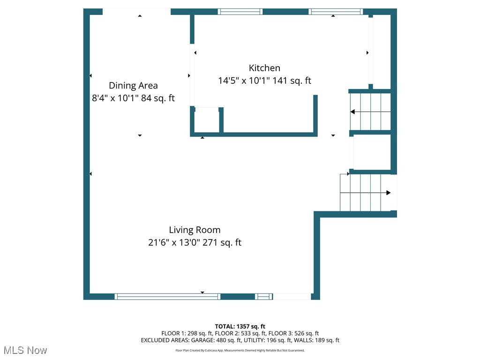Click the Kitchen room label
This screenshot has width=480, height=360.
[264, 68]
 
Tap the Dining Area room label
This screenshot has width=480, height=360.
[133, 85]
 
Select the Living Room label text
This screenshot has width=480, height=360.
[195, 230]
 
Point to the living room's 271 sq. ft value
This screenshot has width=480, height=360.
[222, 243]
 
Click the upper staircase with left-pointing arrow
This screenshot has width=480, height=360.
[370, 112]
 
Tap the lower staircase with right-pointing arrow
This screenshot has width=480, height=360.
[366, 193]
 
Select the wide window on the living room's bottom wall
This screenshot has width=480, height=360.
[167, 296]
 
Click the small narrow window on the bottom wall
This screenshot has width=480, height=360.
[264, 296]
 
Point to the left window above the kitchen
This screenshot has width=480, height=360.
[240, 12]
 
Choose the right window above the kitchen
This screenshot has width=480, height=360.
[336, 12]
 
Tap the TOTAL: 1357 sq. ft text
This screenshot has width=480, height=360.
[240, 326]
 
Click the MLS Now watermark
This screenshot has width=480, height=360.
[25, 350]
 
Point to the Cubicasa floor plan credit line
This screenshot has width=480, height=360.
[240, 350]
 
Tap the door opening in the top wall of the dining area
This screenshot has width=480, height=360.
[136, 12]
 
